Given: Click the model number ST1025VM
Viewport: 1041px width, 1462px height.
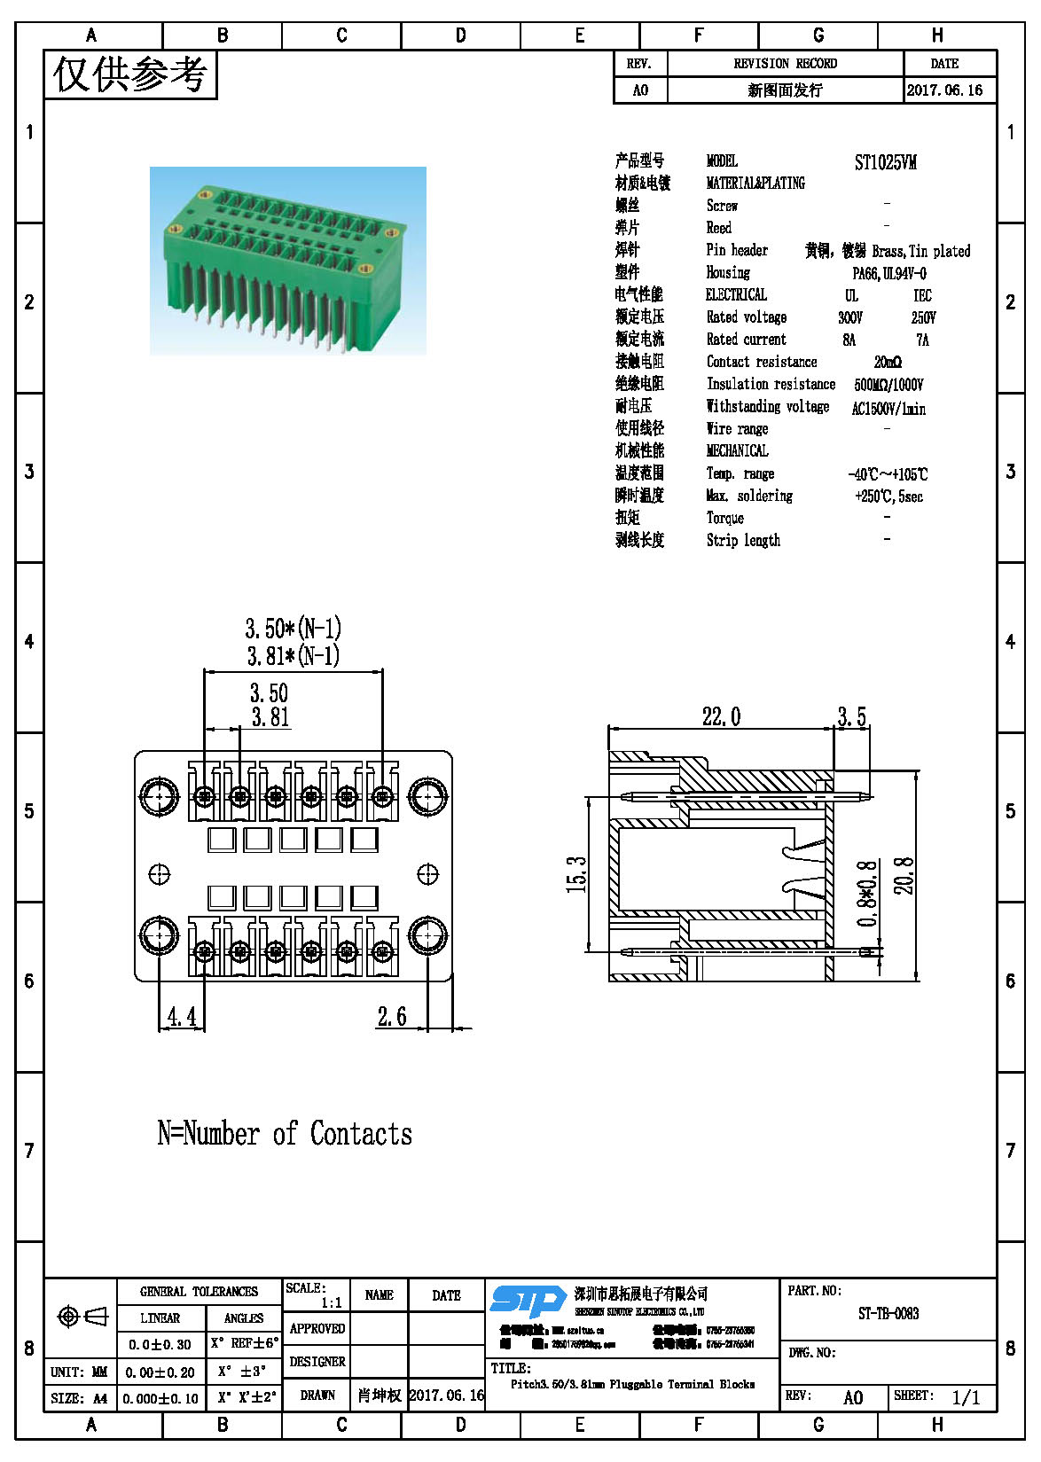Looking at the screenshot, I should coord(885,162).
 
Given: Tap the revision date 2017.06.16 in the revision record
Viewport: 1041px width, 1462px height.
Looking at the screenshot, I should coord(944,90).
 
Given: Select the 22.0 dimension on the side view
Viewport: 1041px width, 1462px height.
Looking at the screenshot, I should coord(721,716).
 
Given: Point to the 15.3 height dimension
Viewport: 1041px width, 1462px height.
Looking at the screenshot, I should coord(577,873).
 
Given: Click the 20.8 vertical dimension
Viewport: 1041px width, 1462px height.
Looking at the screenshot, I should coord(904,875).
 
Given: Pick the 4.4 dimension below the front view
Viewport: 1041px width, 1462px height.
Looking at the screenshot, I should coord(182,1016).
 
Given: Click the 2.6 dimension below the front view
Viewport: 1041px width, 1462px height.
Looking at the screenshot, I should coord(392,1016).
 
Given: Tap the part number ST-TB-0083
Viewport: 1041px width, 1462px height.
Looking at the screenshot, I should coord(888,1314).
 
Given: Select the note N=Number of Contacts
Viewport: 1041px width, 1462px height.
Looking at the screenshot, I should coord(285,1134).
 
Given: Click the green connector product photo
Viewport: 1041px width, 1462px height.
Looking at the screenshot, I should coord(287,261).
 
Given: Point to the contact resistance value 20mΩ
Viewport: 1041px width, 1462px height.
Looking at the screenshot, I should coord(887,363).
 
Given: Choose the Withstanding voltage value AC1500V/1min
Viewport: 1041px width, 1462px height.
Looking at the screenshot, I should coord(888,409).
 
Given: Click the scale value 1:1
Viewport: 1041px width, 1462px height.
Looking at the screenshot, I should coord(331,1302).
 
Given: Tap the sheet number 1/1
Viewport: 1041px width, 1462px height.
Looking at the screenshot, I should coord(966,1398).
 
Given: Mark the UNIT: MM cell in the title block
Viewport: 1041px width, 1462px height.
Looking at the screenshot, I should coord(79,1372).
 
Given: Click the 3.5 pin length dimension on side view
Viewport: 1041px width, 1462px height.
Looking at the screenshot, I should coord(851,716).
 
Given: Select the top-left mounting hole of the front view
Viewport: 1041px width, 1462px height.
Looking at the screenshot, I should coord(160,796).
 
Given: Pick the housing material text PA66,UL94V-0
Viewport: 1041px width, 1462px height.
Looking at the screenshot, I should coord(888,274).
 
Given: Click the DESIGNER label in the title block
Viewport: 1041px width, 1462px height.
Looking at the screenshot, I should coord(317,1362).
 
